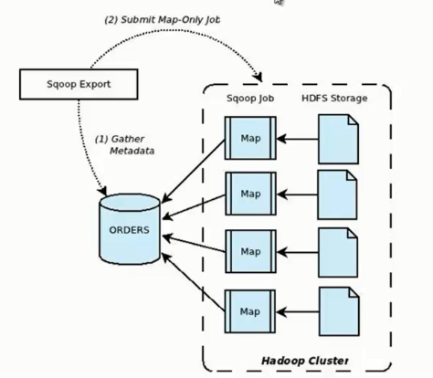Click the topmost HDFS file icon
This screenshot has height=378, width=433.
[336, 139]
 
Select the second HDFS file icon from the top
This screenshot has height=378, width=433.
[336, 193]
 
